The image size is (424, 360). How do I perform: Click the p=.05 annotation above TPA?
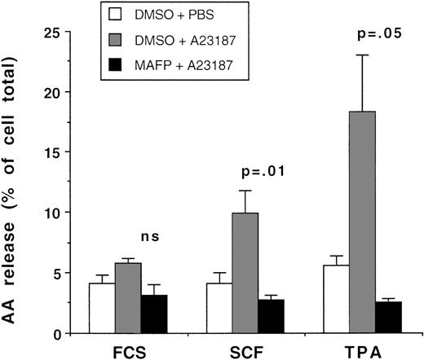(376, 35)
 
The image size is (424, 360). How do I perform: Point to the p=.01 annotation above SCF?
(258, 172)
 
